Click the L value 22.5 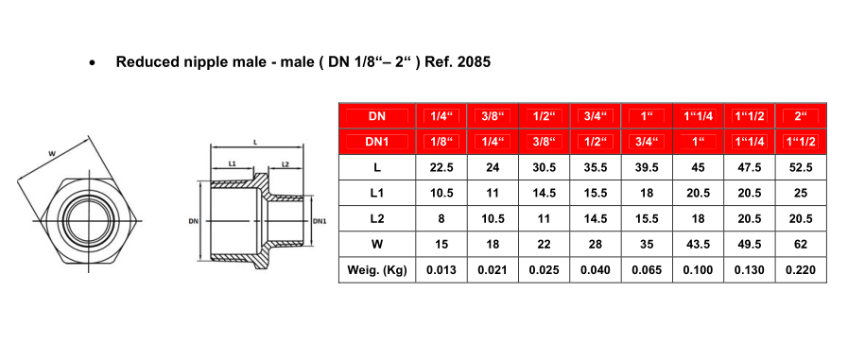[x=441, y=167]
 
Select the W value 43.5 [x=698, y=244]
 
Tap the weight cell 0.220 [x=801, y=270]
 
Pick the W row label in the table [x=377, y=244]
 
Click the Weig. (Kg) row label [x=377, y=270]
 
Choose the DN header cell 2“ [x=801, y=116]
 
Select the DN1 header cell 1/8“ [x=441, y=142]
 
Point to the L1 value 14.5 [x=544, y=193]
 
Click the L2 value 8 [x=441, y=219]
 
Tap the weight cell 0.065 [x=647, y=270]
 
